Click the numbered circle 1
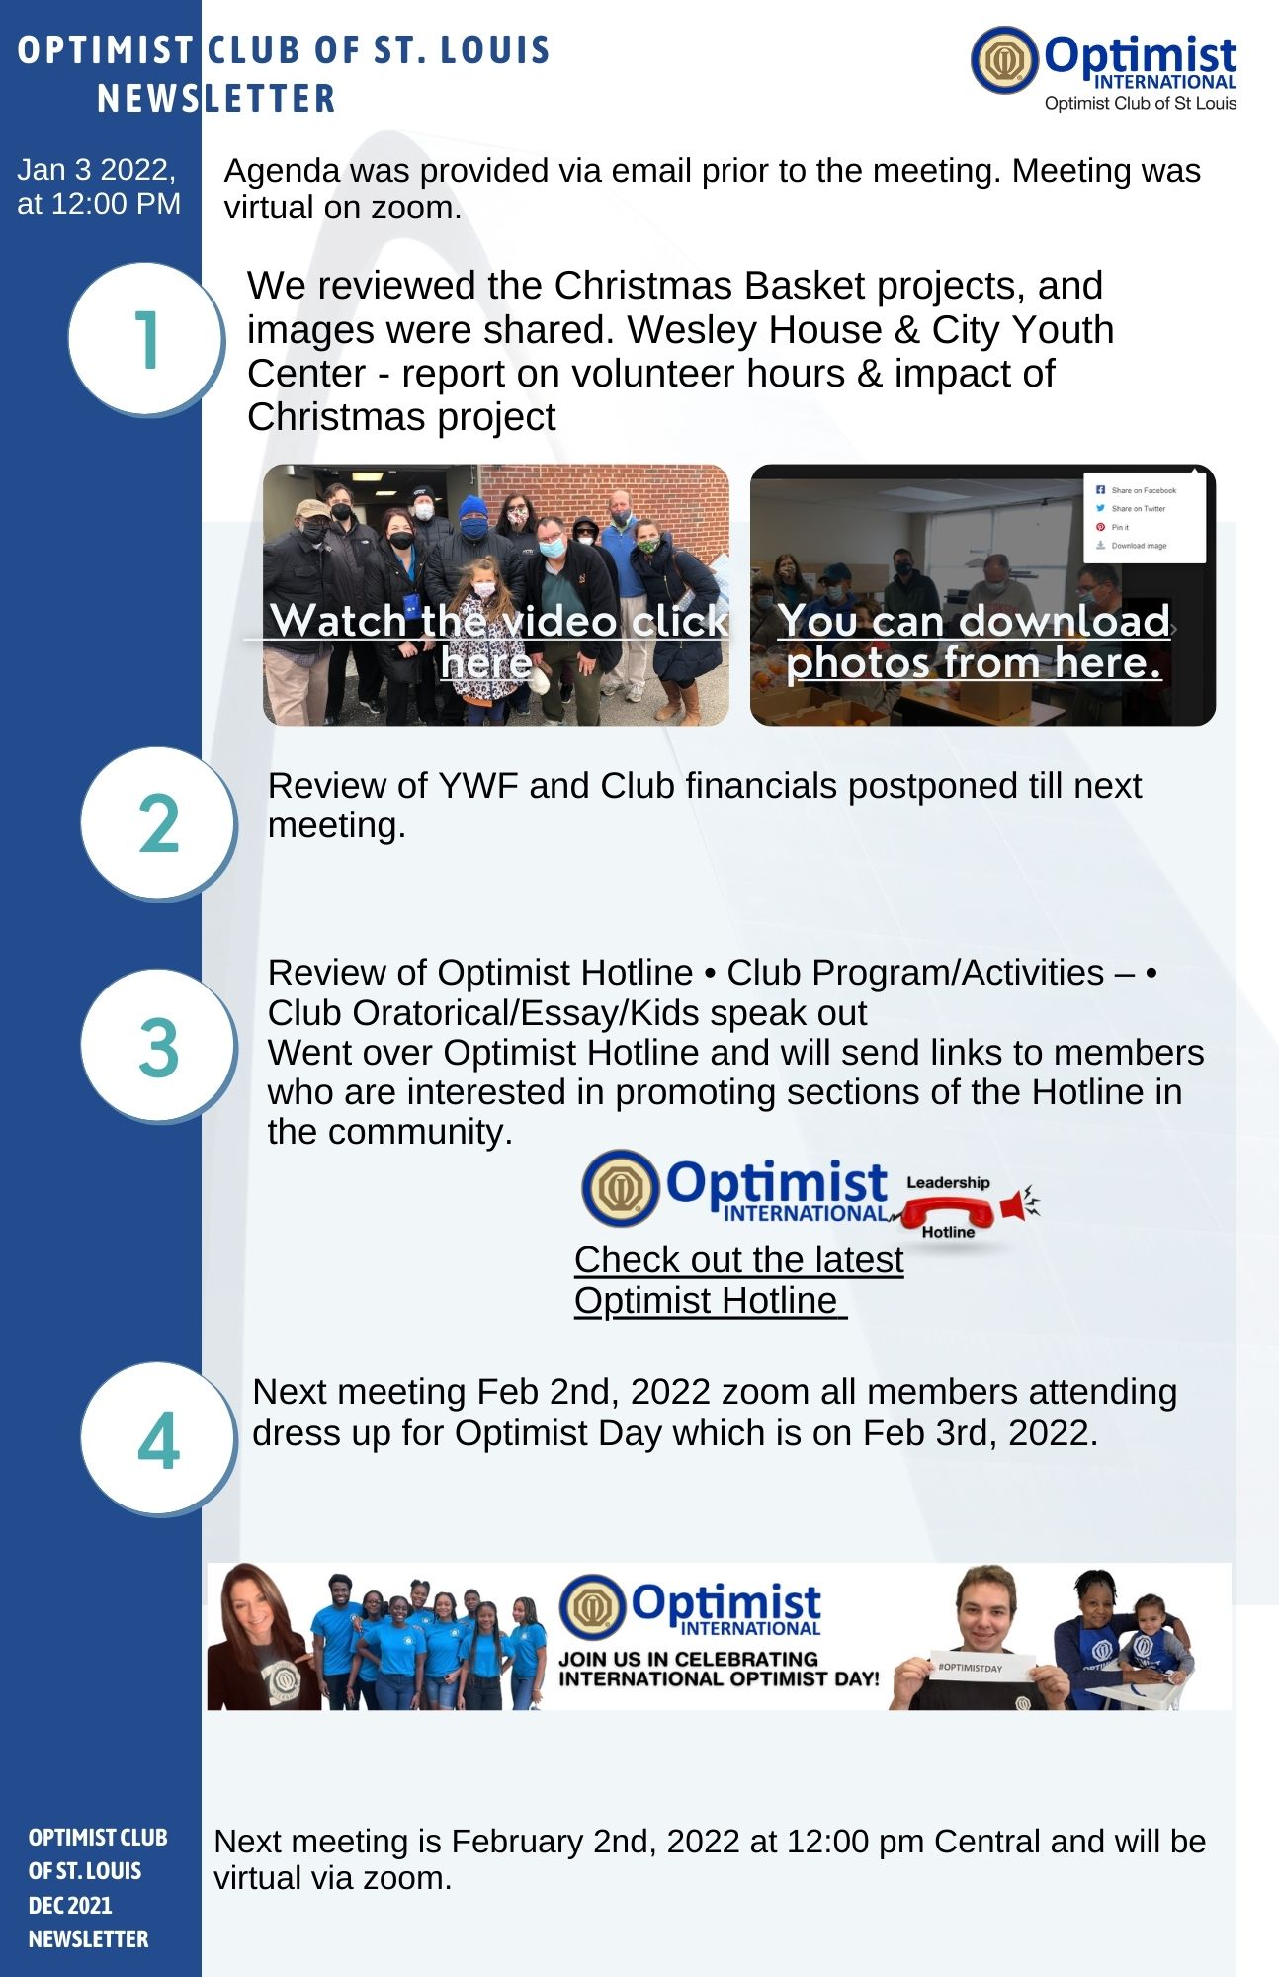[x=146, y=339]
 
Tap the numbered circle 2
[x=158, y=822]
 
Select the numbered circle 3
[x=158, y=1046]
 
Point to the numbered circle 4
[x=158, y=1438]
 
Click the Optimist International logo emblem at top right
[x=1004, y=59]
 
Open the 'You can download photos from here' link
[x=975, y=641]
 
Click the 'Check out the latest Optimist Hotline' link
[x=738, y=1280]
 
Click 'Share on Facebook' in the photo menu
[x=1143, y=490]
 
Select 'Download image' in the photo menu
[x=1138, y=546]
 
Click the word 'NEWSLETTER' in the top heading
[x=216, y=99]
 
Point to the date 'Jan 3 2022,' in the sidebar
[x=96, y=170]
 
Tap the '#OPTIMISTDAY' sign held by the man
[x=982, y=1670]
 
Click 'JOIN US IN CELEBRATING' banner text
[x=689, y=1658]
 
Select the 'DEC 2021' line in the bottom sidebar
[x=70, y=1905]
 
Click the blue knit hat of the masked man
[x=474, y=508]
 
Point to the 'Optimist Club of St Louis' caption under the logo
[x=1141, y=104]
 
